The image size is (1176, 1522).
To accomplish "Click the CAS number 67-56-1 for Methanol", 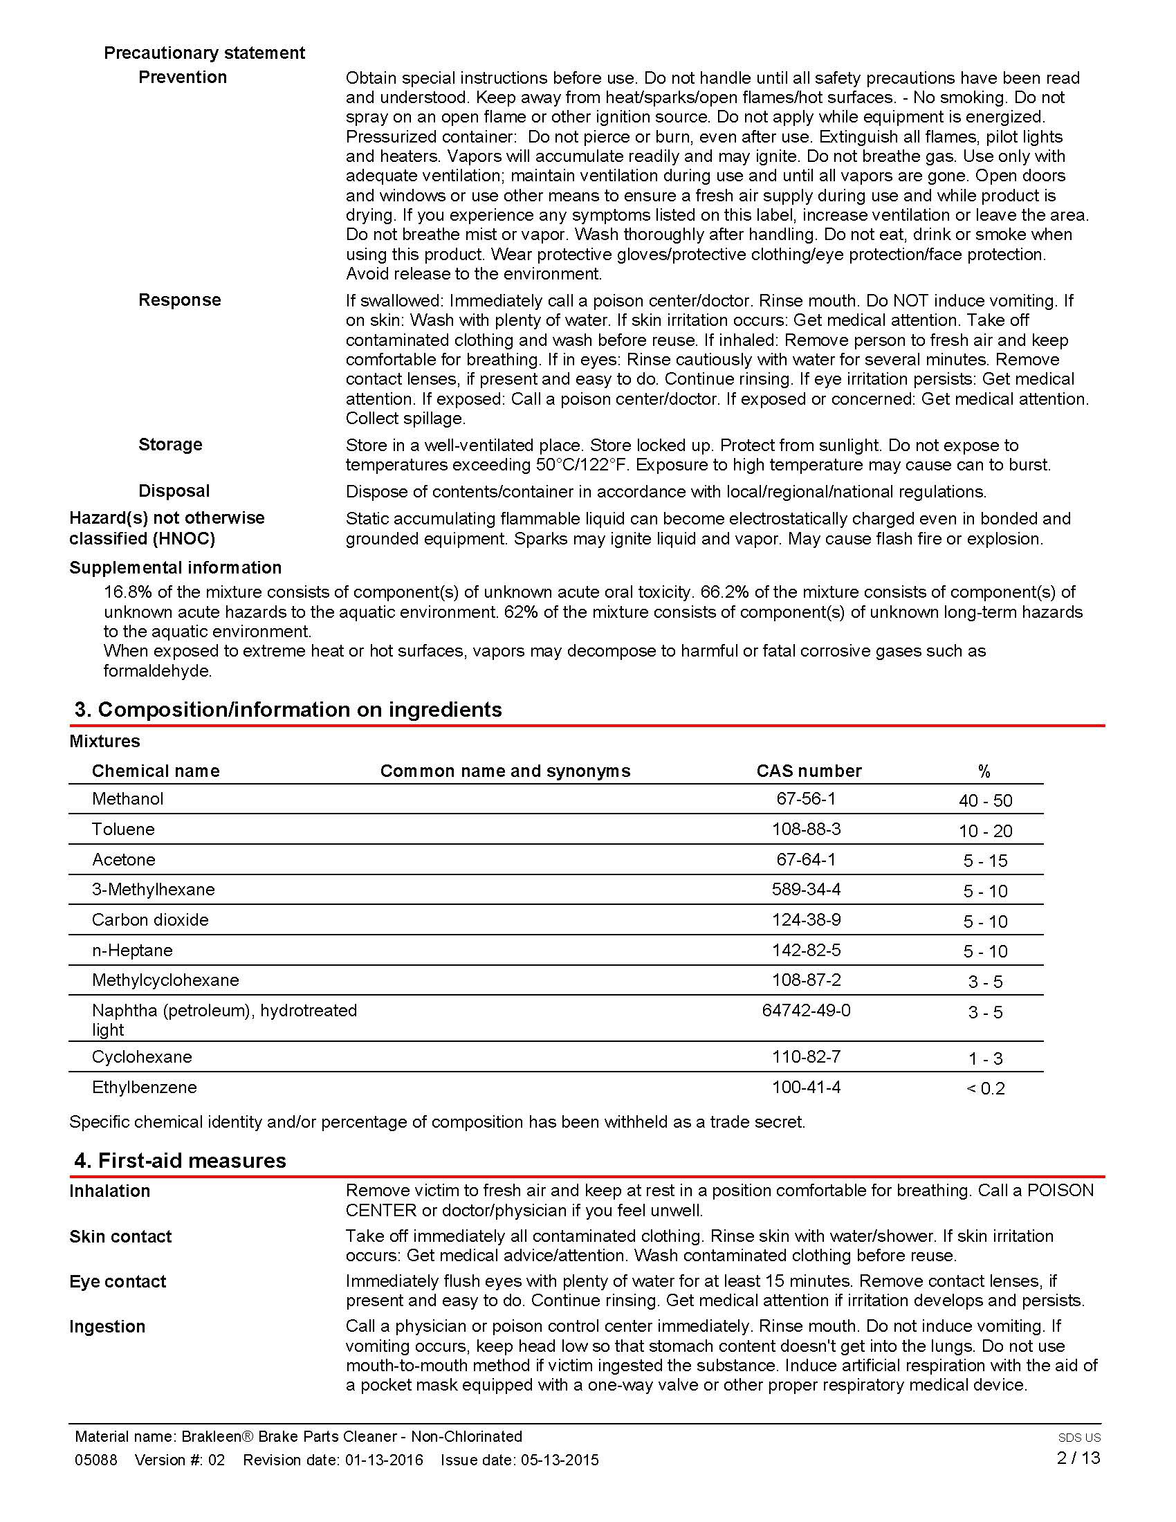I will pos(805,798).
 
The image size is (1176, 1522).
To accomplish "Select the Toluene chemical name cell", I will pos(123,829).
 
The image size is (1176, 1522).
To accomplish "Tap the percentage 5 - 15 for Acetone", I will pos(984,861).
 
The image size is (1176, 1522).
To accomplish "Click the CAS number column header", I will pos(809,771).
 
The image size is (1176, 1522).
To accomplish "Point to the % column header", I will pos(984,771).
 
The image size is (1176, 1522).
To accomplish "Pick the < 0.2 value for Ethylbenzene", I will pos(985,1088).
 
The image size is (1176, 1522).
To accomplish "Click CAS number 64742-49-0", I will pos(806,1011).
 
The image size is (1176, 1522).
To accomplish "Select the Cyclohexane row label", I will pos(142,1057).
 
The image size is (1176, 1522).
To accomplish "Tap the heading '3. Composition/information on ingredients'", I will pos(288,709).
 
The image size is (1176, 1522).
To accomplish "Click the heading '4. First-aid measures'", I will pos(180,1160).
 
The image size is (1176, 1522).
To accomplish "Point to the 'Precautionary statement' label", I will pos(204,53).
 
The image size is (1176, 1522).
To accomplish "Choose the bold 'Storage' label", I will pos(170,445).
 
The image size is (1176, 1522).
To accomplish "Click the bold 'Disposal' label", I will pos(174,491).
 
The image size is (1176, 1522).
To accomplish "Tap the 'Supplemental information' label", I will pos(176,568).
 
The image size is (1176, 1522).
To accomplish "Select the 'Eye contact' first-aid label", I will pos(118,1282).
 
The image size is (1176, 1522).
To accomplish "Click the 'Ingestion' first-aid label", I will pos(107,1327).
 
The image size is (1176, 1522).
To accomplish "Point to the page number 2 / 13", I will pos(1078,1458).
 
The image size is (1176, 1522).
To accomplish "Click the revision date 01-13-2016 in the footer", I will pos(384,1460).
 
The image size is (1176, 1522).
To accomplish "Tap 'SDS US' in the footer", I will pos(1079,1437).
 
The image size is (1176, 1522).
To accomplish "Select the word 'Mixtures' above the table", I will pos(104,742).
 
